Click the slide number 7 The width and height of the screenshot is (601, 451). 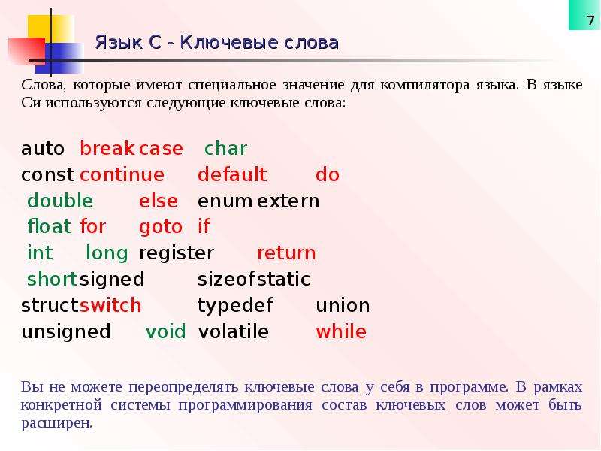pyautogui.click(x=590, y=21)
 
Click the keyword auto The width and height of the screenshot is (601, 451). pyautogui.click(x=43, y=149)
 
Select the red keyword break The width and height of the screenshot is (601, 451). pyautogui.click(x=107, y=148)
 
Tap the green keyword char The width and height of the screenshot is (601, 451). pyautogui.click(x=226, y=148)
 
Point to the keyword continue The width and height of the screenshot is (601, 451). pyautogui.click(x=122, y=174)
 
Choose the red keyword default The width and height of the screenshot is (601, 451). pyautogui.click(x=232, y=174)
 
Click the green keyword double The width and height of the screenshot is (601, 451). pyautogui.click(x=60, y=201)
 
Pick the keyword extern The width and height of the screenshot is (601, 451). pyautogui.click(x=288, y=201)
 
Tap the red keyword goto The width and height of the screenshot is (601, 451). pyautogui.click(x=161, y=228)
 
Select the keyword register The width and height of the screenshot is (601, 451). pyautogui.click(x=177, y=253)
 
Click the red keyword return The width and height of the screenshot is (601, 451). pyautogui.click(x=286, y=253)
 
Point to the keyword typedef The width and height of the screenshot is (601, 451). pyautogui.click(x=235, y=307)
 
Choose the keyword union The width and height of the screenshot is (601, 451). pyautogui.click(x=343, y=306)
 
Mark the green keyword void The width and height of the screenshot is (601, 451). pyautogui.click(x=165, y=331)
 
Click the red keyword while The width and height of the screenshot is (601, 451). pyautogui.click(x=341, y=331)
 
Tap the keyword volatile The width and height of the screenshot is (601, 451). pyautogui.click(x=233, y=331)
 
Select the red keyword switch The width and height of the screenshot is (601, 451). pyautogui.click(x=110, y=306)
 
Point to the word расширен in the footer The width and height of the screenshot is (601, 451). pyautogui.click(x=56, y=424)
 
